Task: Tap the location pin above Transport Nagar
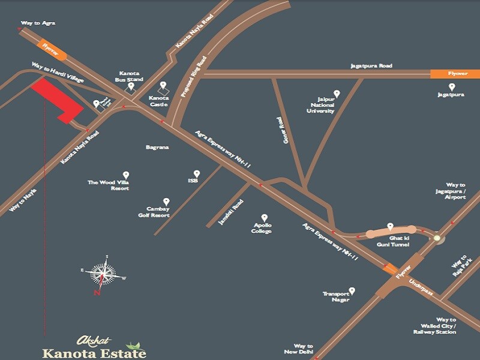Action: pos(352,290)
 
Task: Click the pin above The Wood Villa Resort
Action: pos(126,174)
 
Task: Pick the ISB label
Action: pos(193,180)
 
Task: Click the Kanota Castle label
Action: pos(159,101)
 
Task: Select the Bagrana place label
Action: pos(157,147)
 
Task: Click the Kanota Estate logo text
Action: pos(94,353)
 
